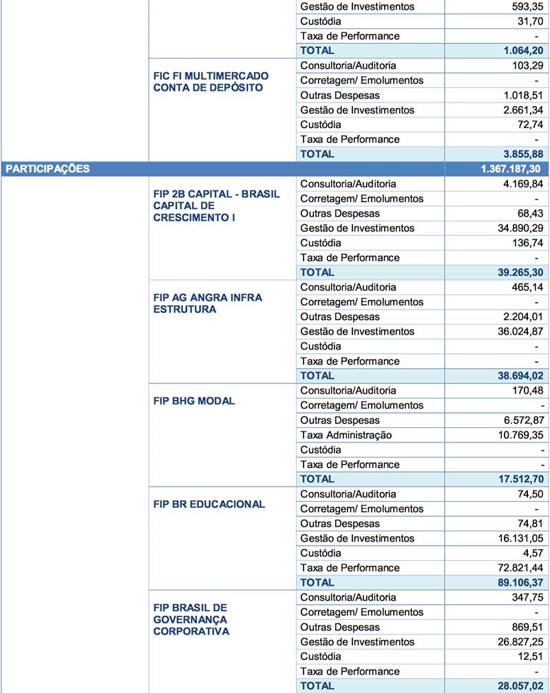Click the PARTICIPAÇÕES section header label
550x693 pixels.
click(47, 169)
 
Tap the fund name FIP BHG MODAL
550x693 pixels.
click(194, 401)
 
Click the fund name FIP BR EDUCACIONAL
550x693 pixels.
click(209, 504)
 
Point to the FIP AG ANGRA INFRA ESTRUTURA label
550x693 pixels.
click(207, 303)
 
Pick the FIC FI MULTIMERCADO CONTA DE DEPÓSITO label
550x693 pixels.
click(211, 81)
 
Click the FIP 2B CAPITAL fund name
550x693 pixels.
click(216, 205)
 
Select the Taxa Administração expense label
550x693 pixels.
click(346, 435)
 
